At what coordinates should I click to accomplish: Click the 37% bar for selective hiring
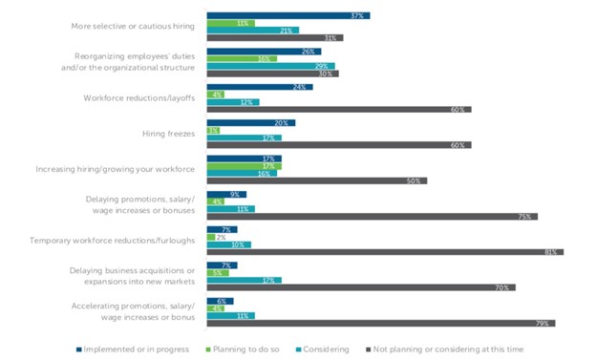pyautogui.click(x=287, y=16)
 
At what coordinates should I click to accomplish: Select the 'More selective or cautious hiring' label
pyautogui.click(x=133, y=26)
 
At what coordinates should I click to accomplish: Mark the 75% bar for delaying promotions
pyautogui.click(x=372, y=217)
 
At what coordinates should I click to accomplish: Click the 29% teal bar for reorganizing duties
pyautogui.click(x=270, y=66)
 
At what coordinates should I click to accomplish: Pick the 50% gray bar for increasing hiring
pyautogui.click(x=316, y=180)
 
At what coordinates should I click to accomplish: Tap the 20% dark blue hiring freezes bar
pyautogui.click(x=250, y=123)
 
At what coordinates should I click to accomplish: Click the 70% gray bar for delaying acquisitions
pyautogui.click(x=360, y=287)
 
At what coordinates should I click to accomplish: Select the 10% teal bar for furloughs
pyautogui.click(x=228, y=244)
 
